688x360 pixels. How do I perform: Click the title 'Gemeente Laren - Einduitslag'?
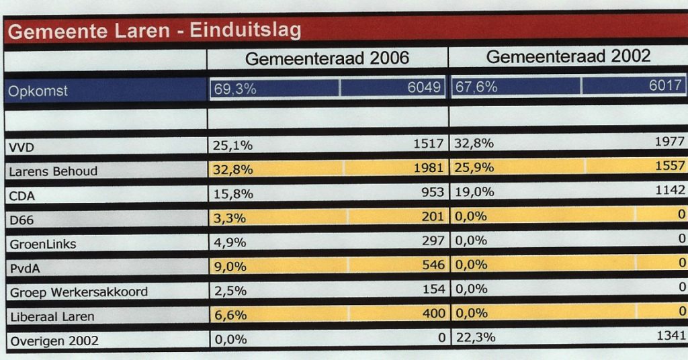[155, 31]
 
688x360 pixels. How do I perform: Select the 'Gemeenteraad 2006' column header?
[327, 58]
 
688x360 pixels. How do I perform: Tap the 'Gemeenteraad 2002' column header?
[568, 56]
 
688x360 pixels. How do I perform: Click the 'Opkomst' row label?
[38, 91]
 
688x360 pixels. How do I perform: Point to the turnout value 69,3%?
[235, 89]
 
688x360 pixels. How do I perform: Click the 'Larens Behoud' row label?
[53, 171]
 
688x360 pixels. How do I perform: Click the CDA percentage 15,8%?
[234, 193]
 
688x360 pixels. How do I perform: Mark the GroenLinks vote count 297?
[432, 240]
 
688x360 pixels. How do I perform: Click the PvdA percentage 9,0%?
[230, 266]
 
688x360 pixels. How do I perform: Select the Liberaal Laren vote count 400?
[432, 314]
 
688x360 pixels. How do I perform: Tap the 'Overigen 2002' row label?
[54, 341]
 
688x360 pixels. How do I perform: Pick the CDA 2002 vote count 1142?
[669, 191]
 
